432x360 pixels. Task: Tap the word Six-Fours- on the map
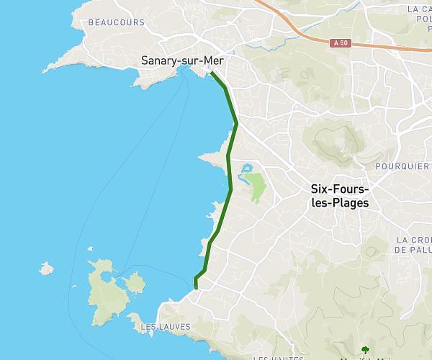click(x=340, y=189)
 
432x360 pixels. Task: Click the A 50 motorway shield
click(x=343, y=44)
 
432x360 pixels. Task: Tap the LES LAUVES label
click(x=165, y=326)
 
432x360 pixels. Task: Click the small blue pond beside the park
click(x=246, y=170)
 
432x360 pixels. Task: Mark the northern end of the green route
click(x=212, y=72)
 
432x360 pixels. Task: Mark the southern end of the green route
click(x=196, y=288)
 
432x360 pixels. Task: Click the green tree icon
click(x=365, y=351)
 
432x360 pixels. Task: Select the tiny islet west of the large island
click(x=47, y=269)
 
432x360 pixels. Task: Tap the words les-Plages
click(x=340, y=203)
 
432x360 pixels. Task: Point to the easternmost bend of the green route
click(x=236, y=124)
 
